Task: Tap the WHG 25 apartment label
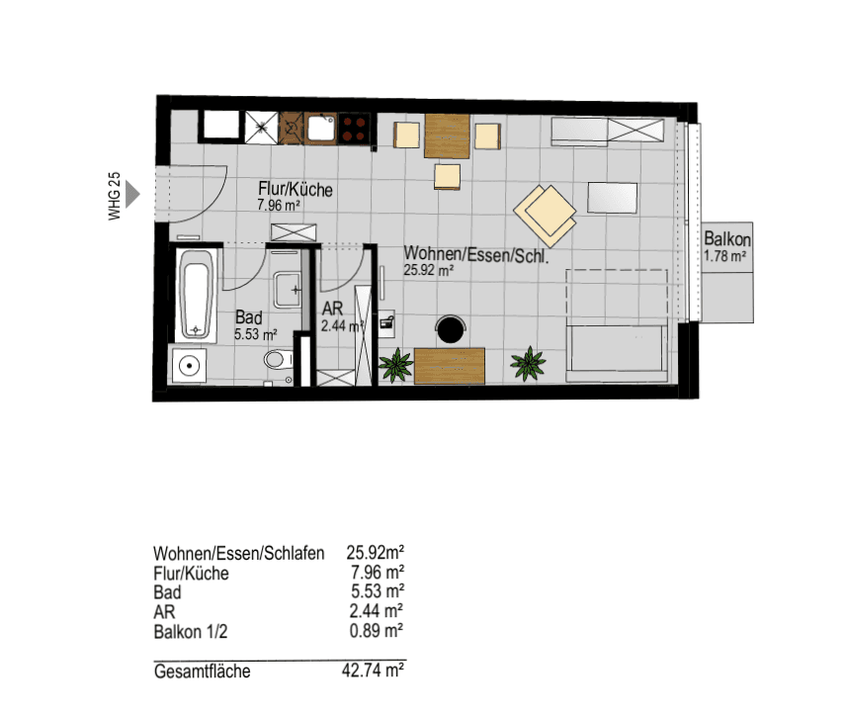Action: point(115,195)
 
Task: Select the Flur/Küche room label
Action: point(295,190)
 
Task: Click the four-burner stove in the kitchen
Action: point(355,128)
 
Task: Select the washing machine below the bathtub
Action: point(188,366)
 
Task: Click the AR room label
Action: point(332,309)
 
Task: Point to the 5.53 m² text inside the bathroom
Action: point(254,335)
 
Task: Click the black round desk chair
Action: point(453,328)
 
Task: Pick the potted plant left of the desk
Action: point(396,366)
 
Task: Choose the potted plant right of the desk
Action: point(528,365)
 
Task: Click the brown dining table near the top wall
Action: point(447,136)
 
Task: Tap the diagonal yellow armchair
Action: point(545,211)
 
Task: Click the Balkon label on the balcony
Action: point(728,239)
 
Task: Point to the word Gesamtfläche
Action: point(202,672)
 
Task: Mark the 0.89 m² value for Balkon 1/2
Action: point(376,630)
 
